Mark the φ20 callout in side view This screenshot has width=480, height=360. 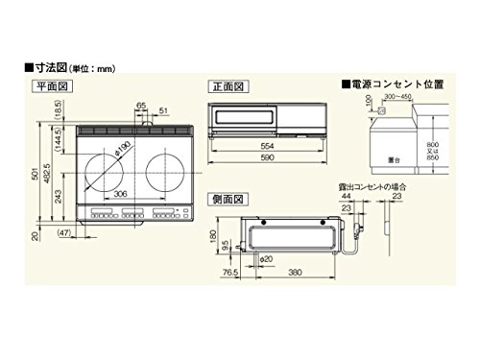click(266, 259)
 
